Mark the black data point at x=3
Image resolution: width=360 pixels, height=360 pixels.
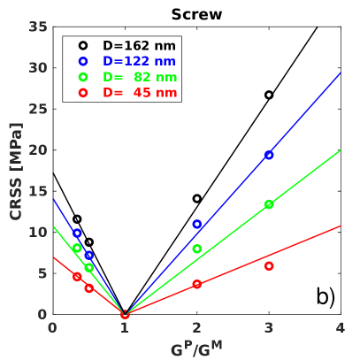(x=269, y=95)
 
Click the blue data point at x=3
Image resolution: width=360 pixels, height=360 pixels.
(x=269, y=155)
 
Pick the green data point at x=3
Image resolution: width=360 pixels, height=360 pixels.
(x=269, y=204)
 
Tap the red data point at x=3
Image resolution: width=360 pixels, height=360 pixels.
(x=269, y=266)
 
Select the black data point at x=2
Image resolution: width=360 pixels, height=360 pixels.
(x=196, y=199)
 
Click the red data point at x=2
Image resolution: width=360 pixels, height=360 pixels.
(x=196, y=284)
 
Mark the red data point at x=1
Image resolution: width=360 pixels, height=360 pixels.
(x=125, y=314)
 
